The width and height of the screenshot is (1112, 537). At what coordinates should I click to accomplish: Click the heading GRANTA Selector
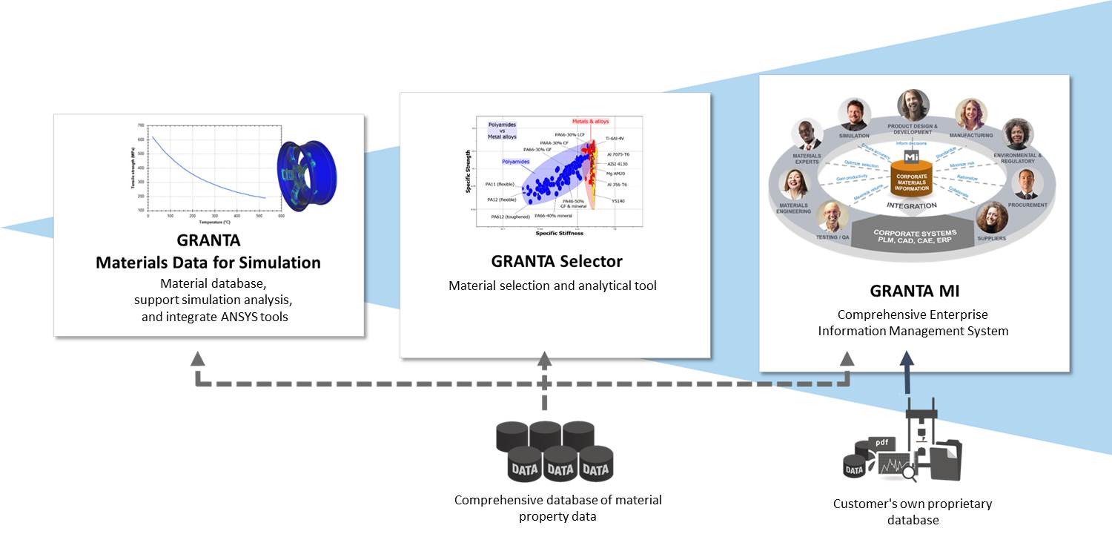pos(556,261)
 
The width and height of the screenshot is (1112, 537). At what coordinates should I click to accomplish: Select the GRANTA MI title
pos(913,291)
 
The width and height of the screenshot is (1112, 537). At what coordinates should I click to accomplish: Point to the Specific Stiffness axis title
pos(559,233)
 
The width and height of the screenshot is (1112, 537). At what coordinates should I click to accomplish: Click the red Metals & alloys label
pos(589,122)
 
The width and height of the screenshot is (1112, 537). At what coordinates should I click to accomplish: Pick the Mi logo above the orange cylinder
pos(911,157)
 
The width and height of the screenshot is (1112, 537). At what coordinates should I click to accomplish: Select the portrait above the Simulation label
pos(854,114)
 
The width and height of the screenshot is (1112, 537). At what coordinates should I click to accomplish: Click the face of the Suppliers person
pos(991,218)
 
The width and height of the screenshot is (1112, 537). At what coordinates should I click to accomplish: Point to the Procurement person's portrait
pos(1026,183)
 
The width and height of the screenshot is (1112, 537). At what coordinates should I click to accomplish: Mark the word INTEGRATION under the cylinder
pos(911,205)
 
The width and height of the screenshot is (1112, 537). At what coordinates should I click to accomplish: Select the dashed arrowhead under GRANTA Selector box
pos(544,359)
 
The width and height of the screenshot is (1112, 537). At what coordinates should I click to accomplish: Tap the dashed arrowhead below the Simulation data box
pos(197,359)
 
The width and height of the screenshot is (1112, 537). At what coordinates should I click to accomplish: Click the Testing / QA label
pos(834,237)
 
